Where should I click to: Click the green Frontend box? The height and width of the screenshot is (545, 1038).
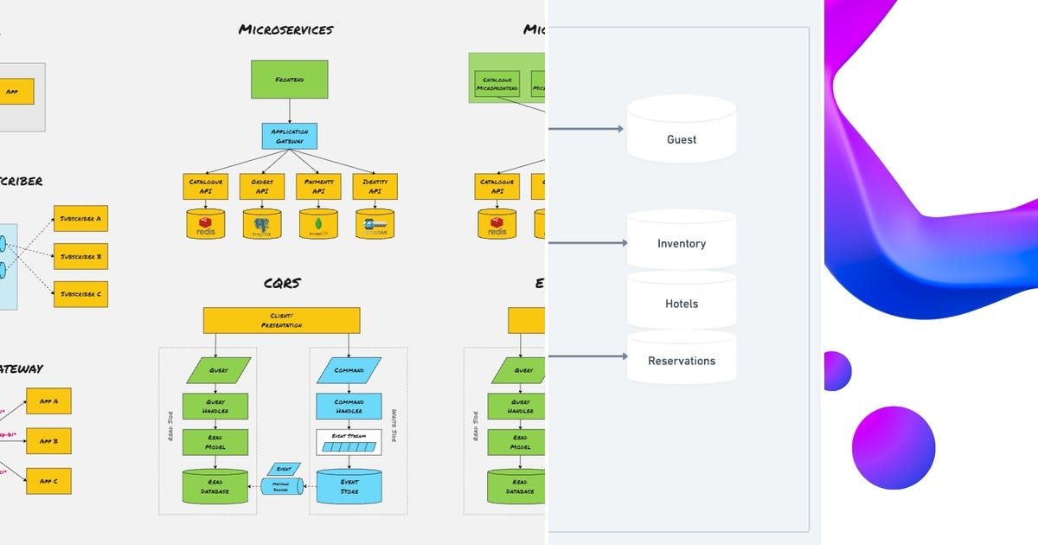(290, 79)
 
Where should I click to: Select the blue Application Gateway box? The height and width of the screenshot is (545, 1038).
(290, 136)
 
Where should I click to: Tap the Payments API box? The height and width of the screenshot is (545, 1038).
(318, 186)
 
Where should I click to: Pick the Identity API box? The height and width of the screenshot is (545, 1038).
(375, 186)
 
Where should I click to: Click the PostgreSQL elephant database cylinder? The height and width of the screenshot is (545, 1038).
(262, 224)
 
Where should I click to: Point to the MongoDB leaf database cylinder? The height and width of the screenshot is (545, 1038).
(318, 224)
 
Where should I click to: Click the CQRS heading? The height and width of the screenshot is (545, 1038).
(282, 283)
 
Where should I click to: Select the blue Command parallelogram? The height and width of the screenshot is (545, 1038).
(349, 370)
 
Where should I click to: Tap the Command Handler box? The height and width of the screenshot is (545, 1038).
(349, 406)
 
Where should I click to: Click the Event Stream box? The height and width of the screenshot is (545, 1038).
(349, 442)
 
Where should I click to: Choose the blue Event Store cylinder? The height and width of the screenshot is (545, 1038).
(349, 486)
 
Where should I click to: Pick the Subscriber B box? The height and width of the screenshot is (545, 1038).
(80, 256)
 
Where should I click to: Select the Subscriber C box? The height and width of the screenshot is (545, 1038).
(80, 294)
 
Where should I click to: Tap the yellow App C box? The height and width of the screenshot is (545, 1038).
(48, 480)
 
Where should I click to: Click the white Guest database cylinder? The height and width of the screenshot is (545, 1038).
(681, 130)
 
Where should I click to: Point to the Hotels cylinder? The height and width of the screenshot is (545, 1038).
(681, 303)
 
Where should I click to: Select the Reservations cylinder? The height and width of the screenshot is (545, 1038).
(681, 359)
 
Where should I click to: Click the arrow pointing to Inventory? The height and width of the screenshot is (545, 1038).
(587, 243)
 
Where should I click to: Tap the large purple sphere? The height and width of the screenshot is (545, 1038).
(893, 449)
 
